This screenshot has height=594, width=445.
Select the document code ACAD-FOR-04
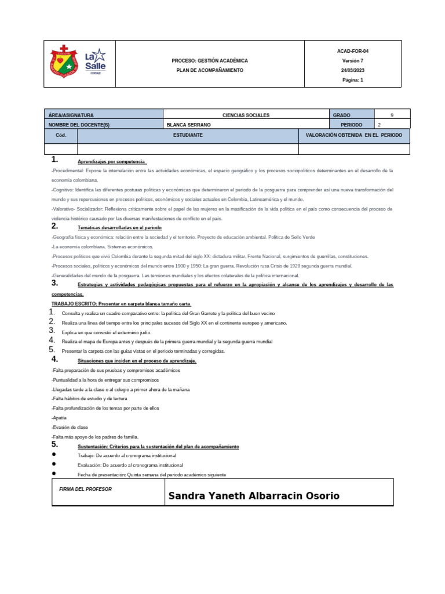pyautogui.click(x=353, y=51)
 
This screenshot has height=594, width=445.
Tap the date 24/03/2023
pyautogui.click(x=353, y=70)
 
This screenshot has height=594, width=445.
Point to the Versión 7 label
pyautogui.click(x=353, y=60)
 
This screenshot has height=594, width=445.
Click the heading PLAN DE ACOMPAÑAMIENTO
pyautogui.click(x=210, y=70)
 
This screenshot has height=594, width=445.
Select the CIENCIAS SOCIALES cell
pyautogui.click(x=246, y=115)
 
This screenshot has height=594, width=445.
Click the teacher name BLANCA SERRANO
pyautogui.click(x=188, y=125)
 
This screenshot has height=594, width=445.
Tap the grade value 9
pyautogui.click(x=392, y=115)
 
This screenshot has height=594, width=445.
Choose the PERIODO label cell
pyautogui.click(x=352, y=125)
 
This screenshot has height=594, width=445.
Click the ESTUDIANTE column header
pyautogui.click(x=188, y=135)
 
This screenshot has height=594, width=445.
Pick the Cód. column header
pyautogui.click(x=61, y=135)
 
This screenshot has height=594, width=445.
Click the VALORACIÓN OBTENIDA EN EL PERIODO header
pyautogui.click(x=353, y=135)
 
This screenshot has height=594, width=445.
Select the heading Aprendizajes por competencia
pyautogui.click(x=112, y=161)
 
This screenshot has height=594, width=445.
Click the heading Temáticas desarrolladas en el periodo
pyautogui.click(x=119, y=228)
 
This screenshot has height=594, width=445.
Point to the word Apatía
pyautogui.click(x=59, y=418)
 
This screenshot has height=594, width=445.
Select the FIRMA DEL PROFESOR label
pyautogui.click(x=86, y=490)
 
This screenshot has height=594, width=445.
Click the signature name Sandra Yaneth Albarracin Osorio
pyautogui.click(x=254, y=496)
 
